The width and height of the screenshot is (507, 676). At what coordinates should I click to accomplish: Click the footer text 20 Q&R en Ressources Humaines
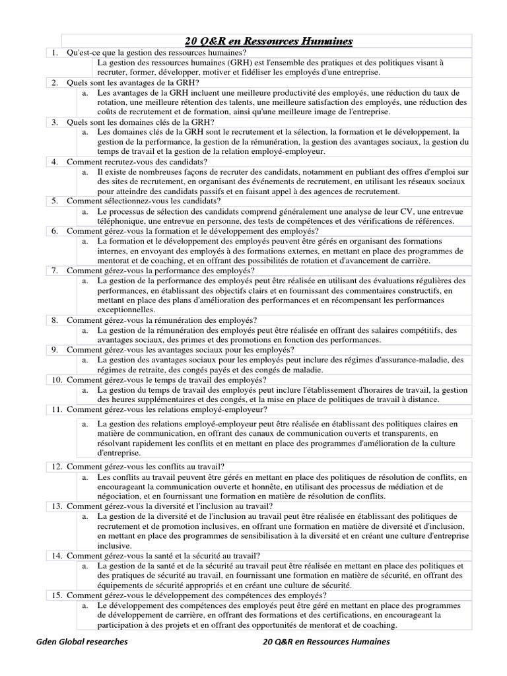[326, 641]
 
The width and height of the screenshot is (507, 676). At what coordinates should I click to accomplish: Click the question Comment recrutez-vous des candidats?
[137, 161]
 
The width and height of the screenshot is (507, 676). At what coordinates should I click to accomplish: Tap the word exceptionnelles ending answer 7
[127, 309]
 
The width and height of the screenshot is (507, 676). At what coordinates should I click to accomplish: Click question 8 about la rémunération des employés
[162, 320]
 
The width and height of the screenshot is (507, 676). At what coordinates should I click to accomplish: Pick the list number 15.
[57, 595]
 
